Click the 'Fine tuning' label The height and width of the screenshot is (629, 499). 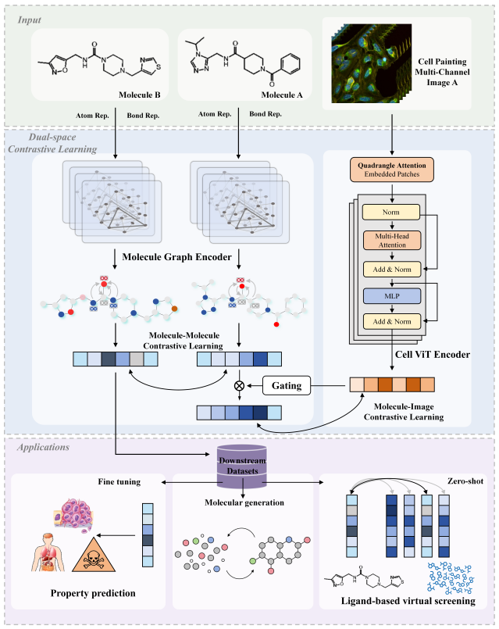point(119,482)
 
